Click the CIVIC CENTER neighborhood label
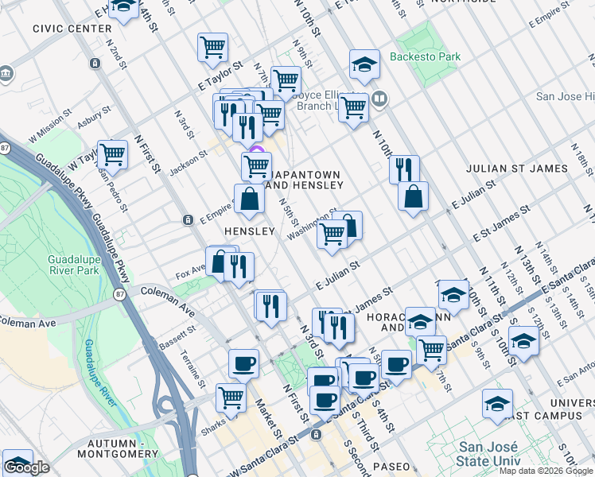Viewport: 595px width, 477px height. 72,28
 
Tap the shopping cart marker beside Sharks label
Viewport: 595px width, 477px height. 231,396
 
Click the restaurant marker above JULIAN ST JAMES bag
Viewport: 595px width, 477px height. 404,169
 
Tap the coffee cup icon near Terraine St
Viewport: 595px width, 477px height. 244,363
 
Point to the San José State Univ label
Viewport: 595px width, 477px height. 488,455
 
